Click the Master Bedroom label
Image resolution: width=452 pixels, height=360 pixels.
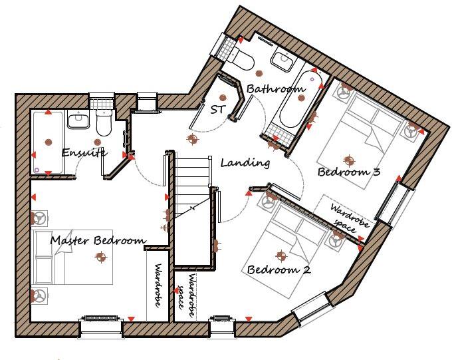coord(98,240)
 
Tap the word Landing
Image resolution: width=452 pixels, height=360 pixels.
coord(245,162)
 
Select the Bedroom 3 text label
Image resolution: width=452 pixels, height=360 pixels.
coord(349,172)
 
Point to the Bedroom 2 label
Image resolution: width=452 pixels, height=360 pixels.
coord(279,270)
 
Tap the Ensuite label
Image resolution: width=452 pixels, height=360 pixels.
coord(84,153)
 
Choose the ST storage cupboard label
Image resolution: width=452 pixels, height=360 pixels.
coord(217,109)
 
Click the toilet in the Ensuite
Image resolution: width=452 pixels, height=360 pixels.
coord(104,122)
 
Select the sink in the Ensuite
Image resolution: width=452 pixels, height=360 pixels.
coord(78,120)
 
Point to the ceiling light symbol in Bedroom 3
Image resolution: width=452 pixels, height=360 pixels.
coord(348,160)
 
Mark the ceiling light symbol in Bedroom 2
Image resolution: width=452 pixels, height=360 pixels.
coord(280,255)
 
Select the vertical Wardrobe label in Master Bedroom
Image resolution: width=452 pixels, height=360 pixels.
coord(158,285)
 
